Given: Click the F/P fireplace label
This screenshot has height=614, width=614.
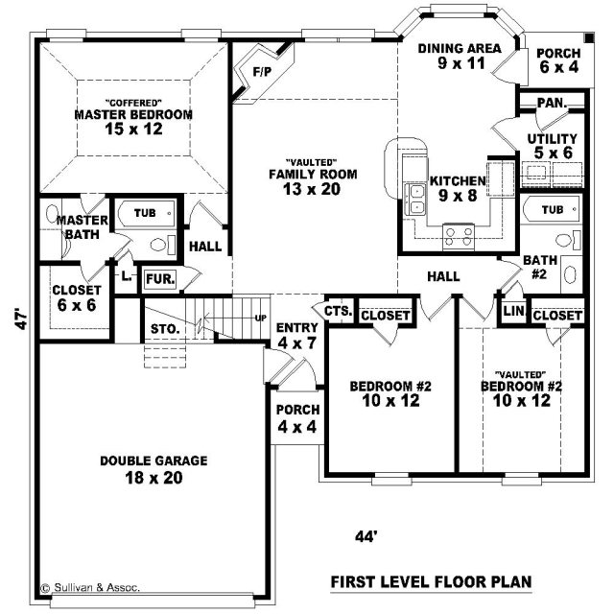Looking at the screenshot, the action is click(x=262, y=72).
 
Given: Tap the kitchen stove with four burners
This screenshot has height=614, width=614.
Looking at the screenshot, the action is click(x=459, y=237).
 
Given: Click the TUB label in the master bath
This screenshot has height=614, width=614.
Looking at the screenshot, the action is click(x=145, y=213).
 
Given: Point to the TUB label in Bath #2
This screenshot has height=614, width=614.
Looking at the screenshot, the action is click(x=553, y=210).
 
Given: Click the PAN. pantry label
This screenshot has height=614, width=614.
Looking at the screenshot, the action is click(x=553, y=103).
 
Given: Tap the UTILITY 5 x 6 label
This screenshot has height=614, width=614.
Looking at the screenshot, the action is click(x=553, y=146).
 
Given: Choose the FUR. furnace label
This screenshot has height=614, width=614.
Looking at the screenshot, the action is click(x=160, y=279).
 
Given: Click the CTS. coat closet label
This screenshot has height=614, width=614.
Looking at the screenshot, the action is click(x=339, y=311).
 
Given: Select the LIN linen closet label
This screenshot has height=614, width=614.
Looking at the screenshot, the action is click(x=513, y=311).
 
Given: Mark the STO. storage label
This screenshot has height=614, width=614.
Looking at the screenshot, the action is click(x=165, y=329).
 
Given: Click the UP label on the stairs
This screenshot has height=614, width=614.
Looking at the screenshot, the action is click(x=261, y=319).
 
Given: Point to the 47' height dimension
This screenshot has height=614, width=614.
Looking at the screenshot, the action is click(x=22, y=319).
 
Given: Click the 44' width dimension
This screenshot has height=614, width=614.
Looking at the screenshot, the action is click(x=366, y=536).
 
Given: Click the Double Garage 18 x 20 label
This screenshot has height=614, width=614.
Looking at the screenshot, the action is click(x=153, y=469).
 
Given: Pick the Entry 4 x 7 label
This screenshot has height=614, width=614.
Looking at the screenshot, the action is click(x=297, y=336).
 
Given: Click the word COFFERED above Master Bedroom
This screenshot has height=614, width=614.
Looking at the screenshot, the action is click(x=134, y=103).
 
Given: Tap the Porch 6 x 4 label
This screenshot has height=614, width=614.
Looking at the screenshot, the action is click(x=558, y=60).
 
